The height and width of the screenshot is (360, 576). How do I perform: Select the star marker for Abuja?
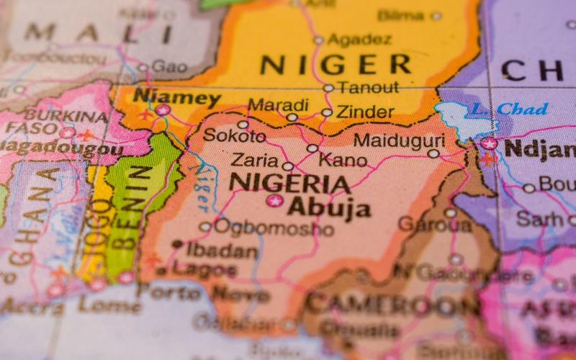[x=274, y=200]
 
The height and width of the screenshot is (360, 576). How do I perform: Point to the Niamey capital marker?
[x=163, y=110]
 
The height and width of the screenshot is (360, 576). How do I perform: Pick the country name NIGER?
[x=336, y=65]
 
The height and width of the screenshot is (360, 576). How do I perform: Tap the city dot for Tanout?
[x=328, y=88]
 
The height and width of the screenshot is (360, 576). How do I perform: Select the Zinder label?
[x=365, y=112]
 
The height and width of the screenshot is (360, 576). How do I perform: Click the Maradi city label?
[x=278, y=105]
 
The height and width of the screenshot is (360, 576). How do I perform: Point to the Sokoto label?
[x=230, y=135]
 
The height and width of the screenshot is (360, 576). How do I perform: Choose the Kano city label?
[x=343, y=159]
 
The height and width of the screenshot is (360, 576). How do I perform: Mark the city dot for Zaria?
[x=288, y=166]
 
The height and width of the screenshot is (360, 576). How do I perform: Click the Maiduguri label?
[x=400, y=140]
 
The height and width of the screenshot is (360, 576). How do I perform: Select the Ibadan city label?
[x=222, y=250]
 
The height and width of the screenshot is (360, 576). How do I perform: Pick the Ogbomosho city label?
[x=274, y=228]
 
